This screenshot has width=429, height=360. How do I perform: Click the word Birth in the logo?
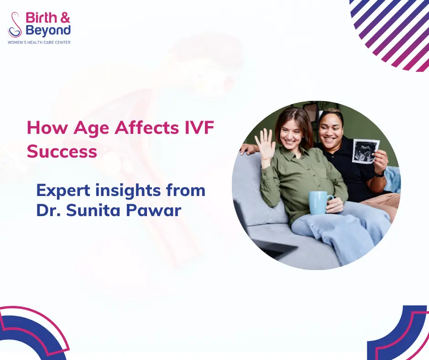click(x=42, y=18)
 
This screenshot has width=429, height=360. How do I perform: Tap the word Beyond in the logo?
click(x=48, y=31)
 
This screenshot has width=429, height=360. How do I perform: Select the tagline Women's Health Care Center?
click(x=39, y=42)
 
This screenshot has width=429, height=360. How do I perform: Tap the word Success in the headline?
click(x=62, y=151)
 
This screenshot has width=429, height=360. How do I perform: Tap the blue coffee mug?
click(x=320, y=202)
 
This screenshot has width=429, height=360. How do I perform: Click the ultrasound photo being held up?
click(x=366, y=151)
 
